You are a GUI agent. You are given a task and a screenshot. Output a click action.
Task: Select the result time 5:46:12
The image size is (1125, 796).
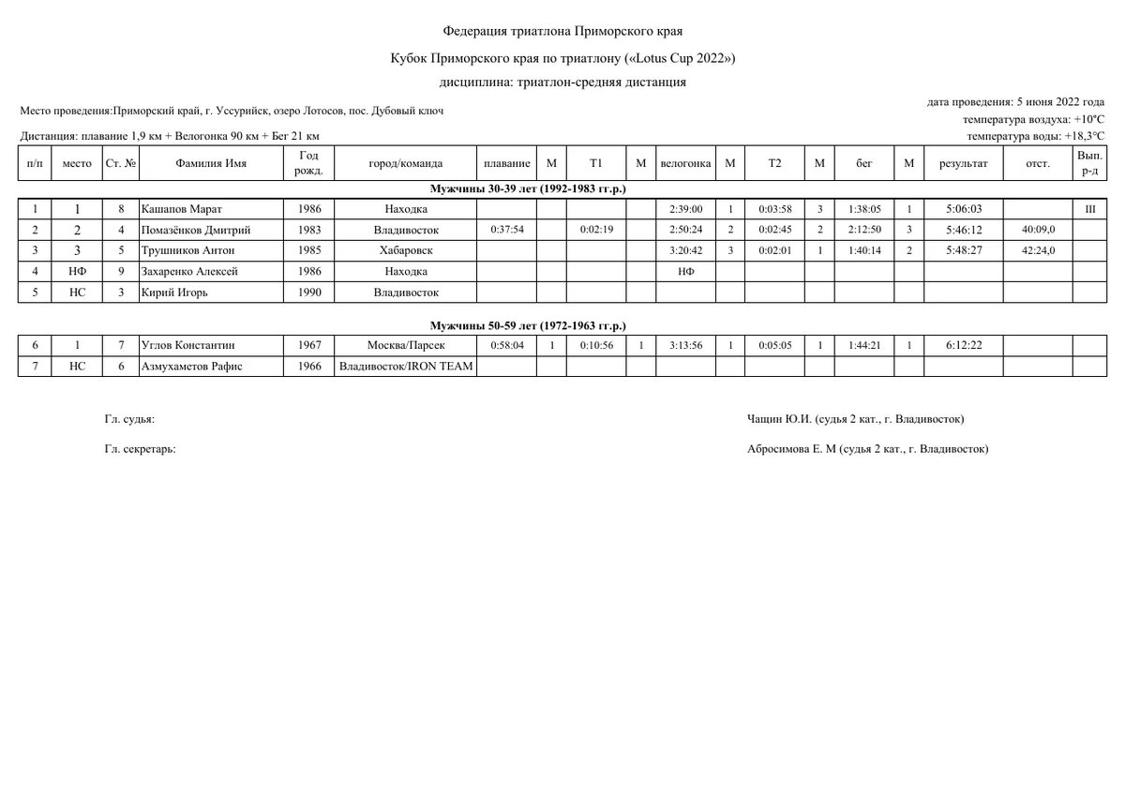pyautogui.click(x=964, y=230)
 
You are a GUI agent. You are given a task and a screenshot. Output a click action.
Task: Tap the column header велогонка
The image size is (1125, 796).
pyautogui.click(x=684, y=163)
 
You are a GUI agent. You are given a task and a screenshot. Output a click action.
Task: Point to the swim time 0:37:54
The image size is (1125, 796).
pyautogui.click(x=506, y=230)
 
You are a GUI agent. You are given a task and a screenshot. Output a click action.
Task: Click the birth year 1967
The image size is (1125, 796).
pyautogui.click(x=309, y=346)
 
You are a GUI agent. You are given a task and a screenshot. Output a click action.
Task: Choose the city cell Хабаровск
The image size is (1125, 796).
pyautogui.click(x=406, y=250)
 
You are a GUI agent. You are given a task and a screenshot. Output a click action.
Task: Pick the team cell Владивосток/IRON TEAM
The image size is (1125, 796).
pyautogui.click(x=406, y=367)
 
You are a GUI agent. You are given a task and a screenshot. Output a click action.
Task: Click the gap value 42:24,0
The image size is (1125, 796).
pyautogui.click(x=1038, y=250)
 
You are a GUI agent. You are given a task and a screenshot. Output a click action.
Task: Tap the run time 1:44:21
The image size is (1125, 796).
pyautogui.click(x=864, y=346)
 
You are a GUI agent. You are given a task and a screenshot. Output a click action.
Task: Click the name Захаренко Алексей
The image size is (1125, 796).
pyautogui.click(x=188, y=271)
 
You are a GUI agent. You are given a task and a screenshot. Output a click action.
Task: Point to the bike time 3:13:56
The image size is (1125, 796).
pyautogui.click(x=684, y=346)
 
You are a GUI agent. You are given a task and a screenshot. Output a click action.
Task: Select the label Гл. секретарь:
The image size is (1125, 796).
pyautogui.click(x=141, y=449)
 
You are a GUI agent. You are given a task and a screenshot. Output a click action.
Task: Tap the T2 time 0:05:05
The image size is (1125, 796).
pyautogui.click(x=774, y=346)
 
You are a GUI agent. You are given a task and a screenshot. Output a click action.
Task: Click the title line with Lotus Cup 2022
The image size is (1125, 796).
pyautogui.click(x=562, y=58)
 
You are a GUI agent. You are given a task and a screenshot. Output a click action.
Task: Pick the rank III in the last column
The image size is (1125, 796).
pyautogui.click(x=1090, y=209)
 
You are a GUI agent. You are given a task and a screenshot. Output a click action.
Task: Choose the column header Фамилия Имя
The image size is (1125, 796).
pyautogui.click(x=211, y=163)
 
